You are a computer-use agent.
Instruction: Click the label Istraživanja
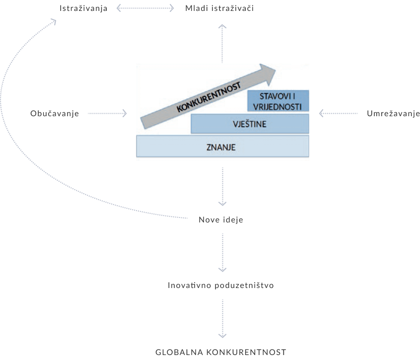(x=83, y=8)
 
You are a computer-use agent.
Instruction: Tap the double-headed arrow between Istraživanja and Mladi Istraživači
(x=145, y=8)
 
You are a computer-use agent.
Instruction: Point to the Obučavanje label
(x=55, y=114)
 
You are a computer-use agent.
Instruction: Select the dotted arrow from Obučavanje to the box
(x=107, y=114)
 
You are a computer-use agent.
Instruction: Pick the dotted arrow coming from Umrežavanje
(x=339, y=114)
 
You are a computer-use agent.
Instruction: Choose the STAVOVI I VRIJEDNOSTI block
(x=278, y=101)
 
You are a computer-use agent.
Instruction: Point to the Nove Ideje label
(x=221, y=219)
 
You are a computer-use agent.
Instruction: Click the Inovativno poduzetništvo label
(x=221, y=286)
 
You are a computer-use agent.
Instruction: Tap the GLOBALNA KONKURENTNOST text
(x=221, y=352)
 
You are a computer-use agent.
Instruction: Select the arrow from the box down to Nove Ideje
(x=222, y=186)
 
